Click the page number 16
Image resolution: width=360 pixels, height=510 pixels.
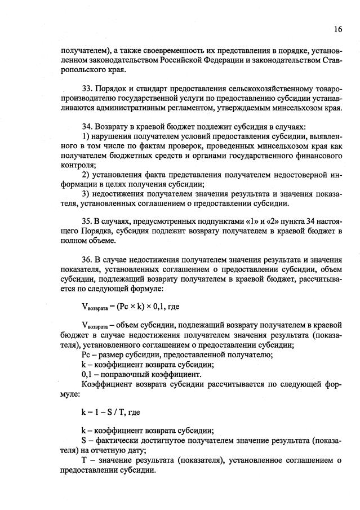point(337,29)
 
